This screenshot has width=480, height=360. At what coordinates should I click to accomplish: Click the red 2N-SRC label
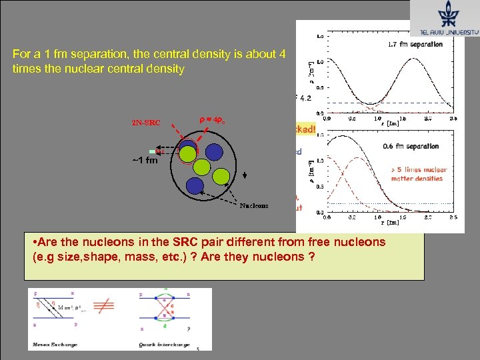coord(147,123)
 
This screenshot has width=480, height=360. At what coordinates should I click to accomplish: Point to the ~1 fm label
coord(144,160)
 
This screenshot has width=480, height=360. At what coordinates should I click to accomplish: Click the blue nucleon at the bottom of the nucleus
coord(195,185)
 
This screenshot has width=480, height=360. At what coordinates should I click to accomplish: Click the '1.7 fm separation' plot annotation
coord(415,45)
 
